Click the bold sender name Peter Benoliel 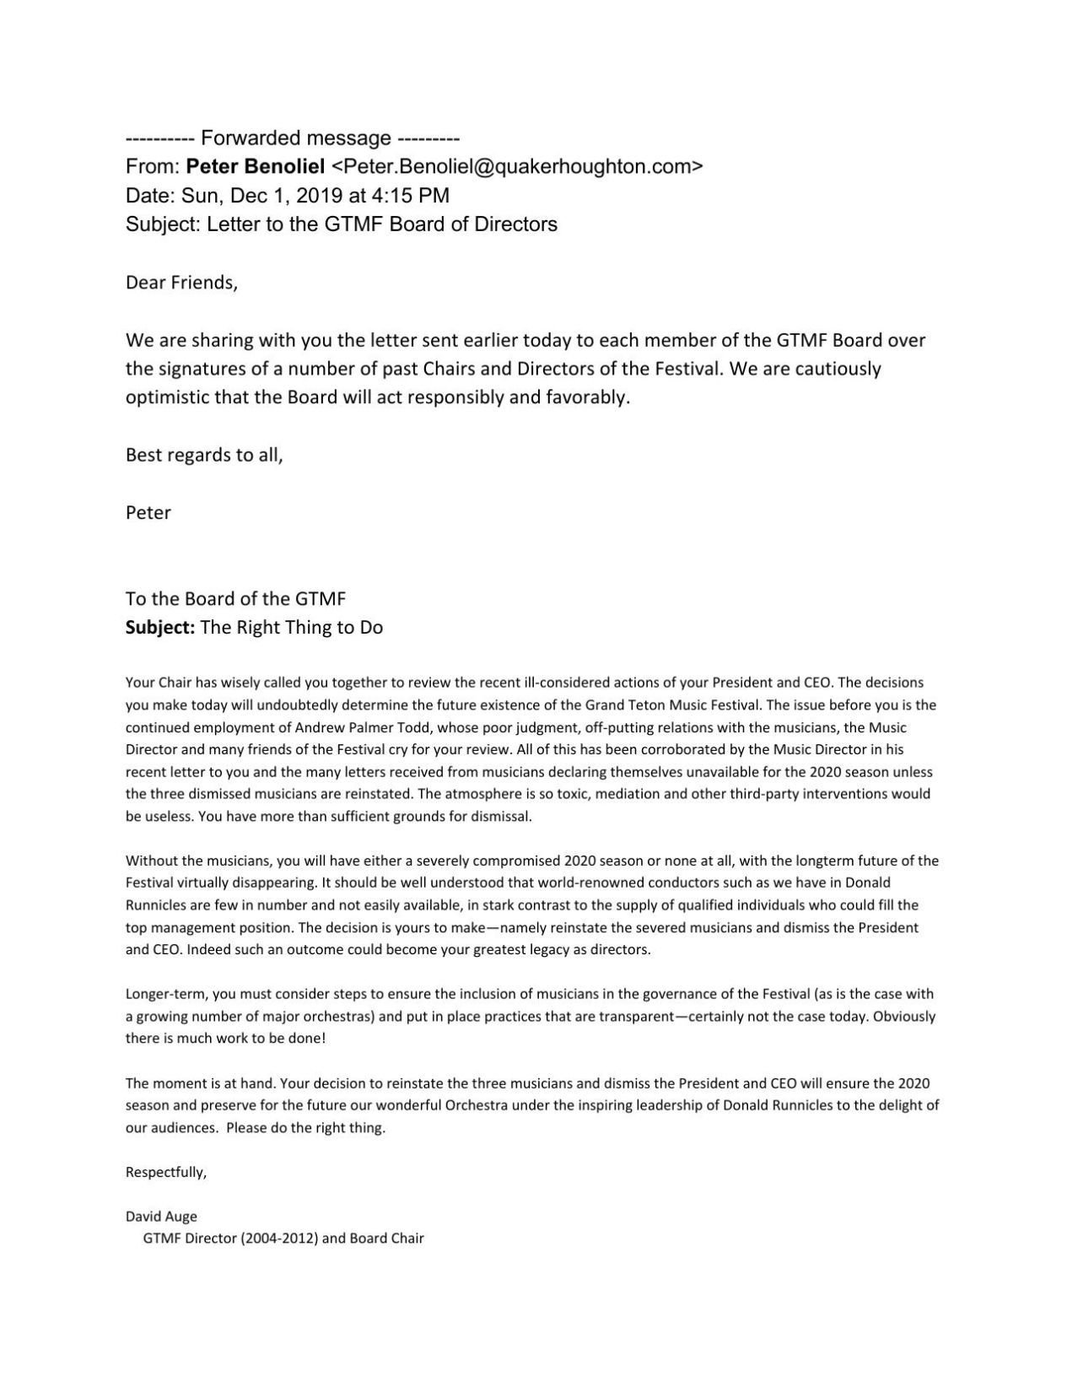(255, 167)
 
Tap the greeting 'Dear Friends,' (181, 283)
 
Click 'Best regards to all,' (204, 455)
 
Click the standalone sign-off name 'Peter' (148, 513)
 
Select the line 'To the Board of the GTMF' (235, 599)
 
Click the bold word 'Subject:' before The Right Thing (160, 628)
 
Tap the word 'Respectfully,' (166, 1172)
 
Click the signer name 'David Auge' (161, 1217)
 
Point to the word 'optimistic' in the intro (167, 398)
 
